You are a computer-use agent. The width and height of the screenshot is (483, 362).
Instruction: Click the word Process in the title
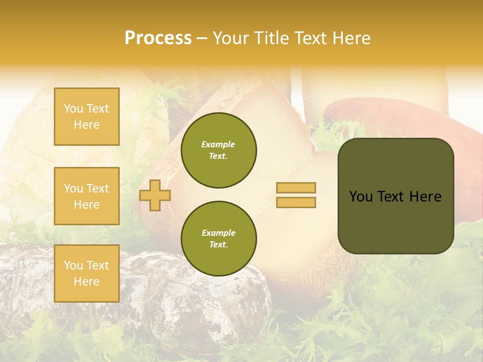pos(158,38)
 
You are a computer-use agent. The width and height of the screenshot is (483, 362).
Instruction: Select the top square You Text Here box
pos(87,117)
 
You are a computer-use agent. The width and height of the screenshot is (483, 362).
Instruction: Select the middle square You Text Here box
pos(87,196)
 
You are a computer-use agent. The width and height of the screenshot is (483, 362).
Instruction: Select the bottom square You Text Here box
pos(87,274)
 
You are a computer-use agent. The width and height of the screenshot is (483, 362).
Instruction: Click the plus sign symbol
pos(155,195)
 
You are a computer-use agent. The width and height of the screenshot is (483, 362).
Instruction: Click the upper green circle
pos(219,150)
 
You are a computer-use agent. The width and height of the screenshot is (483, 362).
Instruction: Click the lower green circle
pos(219,239)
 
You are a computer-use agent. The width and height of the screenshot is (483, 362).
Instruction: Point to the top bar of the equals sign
pos(296,188)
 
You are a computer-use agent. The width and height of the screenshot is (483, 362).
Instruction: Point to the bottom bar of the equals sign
pos(296,202)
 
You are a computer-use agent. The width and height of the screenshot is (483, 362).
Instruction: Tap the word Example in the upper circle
pos(218,144)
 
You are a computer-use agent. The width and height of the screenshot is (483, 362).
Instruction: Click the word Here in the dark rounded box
pos(425,197)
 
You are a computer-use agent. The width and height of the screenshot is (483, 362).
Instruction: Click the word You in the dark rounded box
pos(360,197)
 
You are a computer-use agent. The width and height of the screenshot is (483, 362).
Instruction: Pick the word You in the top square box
pos(73,109)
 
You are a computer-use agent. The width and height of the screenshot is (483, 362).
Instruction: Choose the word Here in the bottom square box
pos(87,282)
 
